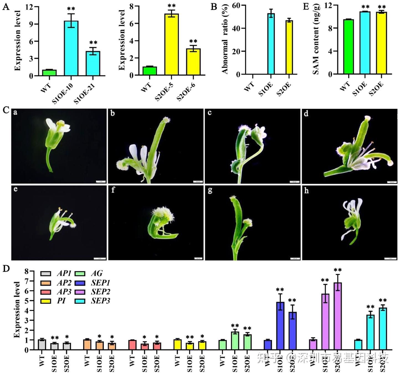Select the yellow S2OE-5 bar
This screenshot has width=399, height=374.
(172, 44)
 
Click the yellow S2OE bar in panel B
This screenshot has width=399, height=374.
(289, 47)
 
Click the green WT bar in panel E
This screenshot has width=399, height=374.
(348, 47)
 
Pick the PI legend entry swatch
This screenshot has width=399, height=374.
(46, 301)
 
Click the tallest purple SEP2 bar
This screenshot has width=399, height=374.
(337, 316)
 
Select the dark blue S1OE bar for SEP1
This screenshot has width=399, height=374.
(280, 326)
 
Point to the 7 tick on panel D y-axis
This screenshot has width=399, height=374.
(27, 281)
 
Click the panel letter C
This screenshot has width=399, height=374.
(6, 110)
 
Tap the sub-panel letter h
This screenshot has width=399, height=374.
(306, 191)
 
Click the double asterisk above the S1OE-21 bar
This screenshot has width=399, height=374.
(93, 43)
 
